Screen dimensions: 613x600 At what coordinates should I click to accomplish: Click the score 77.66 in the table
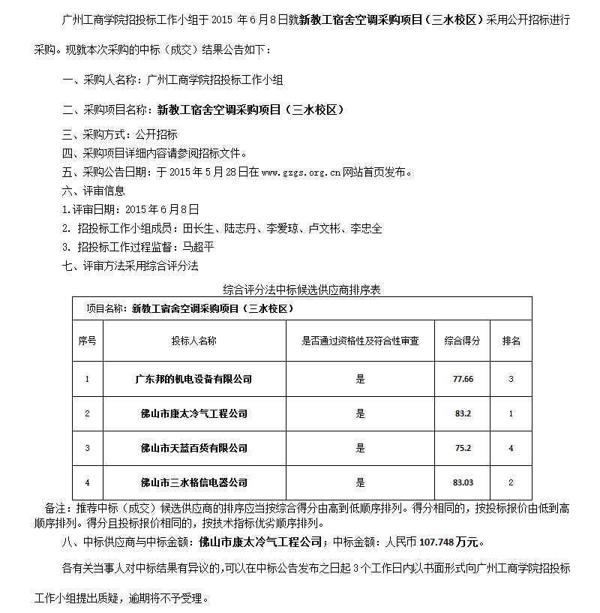point(463,379)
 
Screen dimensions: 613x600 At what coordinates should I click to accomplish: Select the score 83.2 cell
point(463,413)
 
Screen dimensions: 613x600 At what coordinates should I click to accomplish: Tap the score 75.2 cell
point(463,448)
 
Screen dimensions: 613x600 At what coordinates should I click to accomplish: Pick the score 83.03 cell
point(463,482)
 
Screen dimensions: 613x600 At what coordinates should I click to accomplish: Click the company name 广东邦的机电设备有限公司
point(193,379)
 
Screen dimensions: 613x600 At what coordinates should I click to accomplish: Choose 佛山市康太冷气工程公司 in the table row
point(193,413)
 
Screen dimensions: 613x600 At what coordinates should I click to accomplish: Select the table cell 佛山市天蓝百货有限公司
point(193,448)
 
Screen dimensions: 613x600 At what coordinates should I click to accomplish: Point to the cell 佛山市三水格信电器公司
point(193,482)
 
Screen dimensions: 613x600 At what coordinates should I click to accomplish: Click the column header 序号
point(87,341)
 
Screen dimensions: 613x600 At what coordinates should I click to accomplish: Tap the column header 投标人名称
point(193,341)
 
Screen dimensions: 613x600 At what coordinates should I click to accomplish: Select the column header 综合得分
point(462,341)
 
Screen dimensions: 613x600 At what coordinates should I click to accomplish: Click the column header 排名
point(511,341)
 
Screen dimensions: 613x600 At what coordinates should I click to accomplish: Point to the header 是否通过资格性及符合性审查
point(360,341)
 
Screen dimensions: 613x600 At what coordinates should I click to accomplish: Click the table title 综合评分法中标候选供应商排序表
point(302,288)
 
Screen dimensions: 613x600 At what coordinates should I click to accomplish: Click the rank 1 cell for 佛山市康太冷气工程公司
point(511,413)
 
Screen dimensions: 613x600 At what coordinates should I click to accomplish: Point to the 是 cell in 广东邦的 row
point(360,379)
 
